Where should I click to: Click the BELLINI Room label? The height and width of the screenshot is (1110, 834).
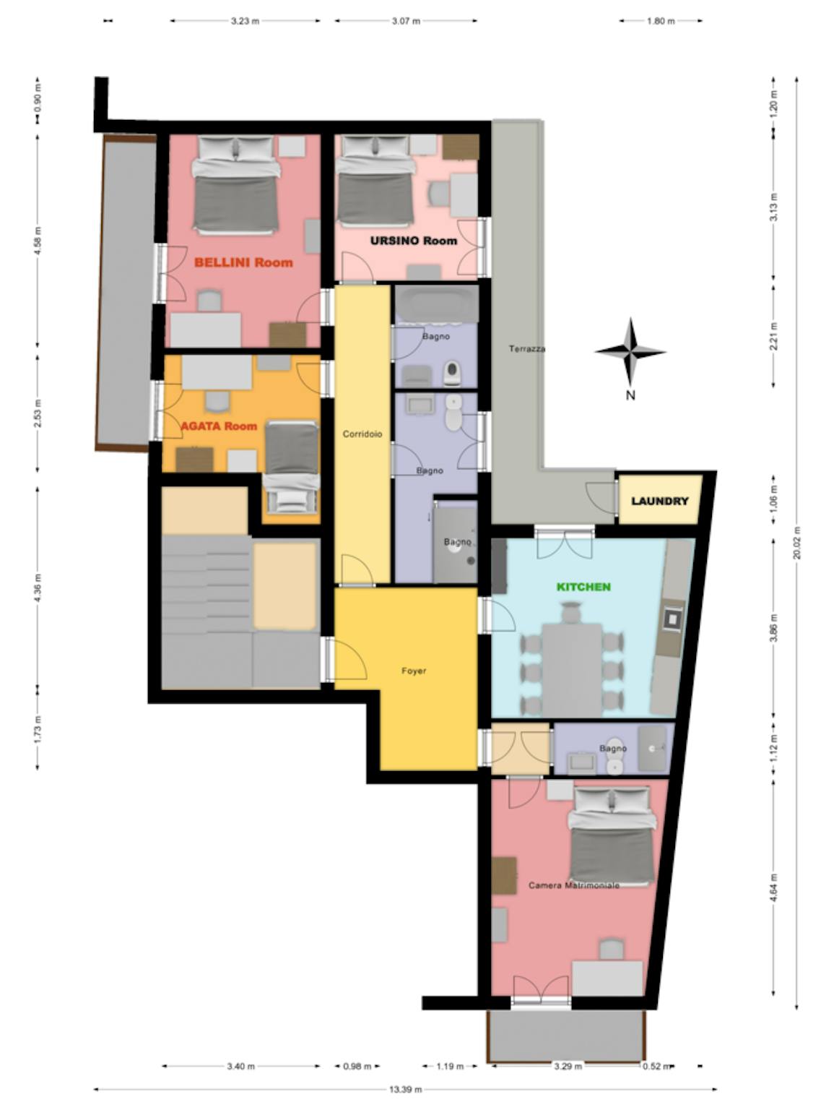tap(243, 262)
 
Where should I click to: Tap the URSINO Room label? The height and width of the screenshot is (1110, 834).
tap(414, 241)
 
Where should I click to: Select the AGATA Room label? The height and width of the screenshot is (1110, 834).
tap(219, 426)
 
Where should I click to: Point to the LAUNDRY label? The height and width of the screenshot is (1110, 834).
tap(660, 501)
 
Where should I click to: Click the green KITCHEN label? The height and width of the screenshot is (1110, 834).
tap(583, 587)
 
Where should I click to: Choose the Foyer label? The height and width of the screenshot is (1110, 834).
tap(414, 671)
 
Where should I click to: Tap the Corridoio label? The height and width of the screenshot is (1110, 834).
tap(362, 434)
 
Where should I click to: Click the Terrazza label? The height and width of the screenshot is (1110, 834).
tap(527, 348)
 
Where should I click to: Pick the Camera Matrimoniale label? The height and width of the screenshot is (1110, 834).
tap(574, 885)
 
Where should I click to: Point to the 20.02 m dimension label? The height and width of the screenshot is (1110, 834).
tap(796, 543)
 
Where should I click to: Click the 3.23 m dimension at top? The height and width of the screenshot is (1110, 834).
tap(245, 21)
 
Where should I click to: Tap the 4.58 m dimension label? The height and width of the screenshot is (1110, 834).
tap(38, 241)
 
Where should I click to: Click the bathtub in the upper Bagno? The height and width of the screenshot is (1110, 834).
tap(436, 304)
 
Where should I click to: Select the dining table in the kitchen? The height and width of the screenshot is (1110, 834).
tap(572, 670)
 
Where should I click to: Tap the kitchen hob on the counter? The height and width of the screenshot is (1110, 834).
tap(674, 617)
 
